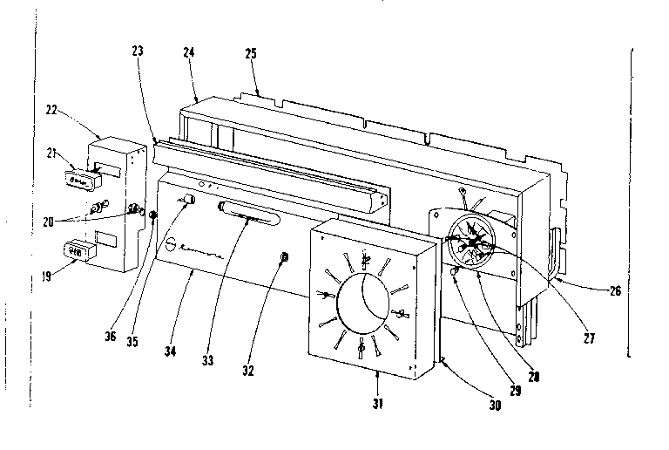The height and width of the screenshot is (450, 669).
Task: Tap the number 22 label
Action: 53,111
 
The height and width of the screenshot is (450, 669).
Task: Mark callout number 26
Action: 615,290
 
